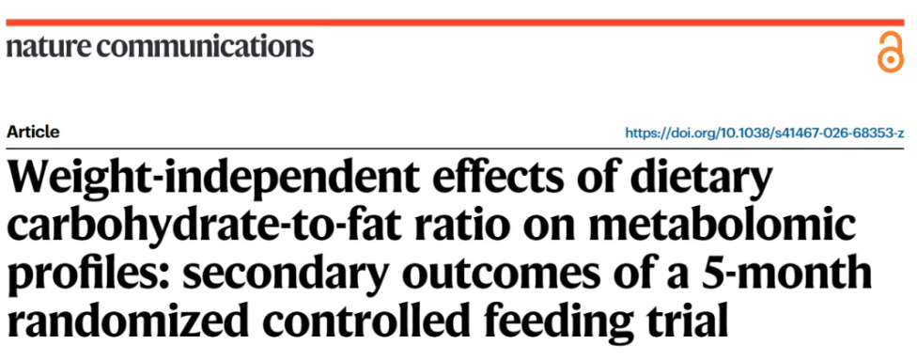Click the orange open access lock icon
coord(890,52)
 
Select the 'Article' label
coord(33,133)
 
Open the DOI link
coord(765,133)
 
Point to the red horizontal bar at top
coord(455,23)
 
